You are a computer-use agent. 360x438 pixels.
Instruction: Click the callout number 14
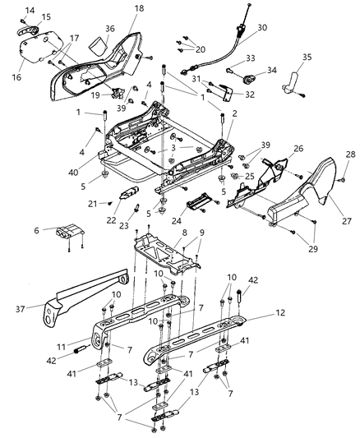(30, 9)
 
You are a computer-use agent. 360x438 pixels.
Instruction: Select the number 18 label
(139, 7)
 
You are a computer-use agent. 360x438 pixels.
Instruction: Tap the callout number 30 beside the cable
(261, 27)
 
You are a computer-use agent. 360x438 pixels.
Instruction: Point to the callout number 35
(307, 58)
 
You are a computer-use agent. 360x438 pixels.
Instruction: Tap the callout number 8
(183, 233)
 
